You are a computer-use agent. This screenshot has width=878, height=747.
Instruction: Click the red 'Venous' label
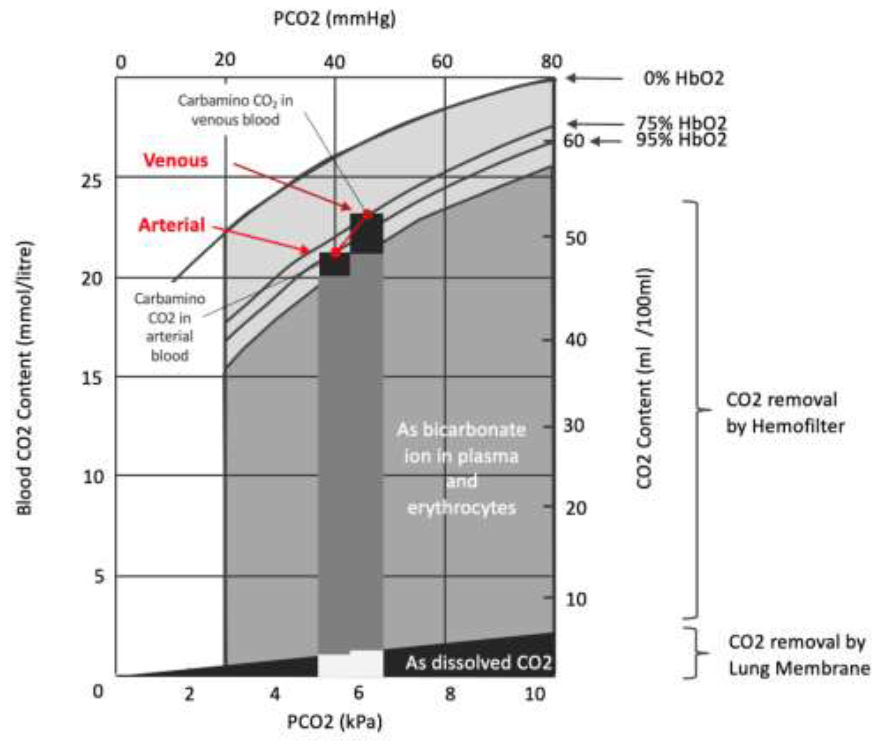pos(176,160)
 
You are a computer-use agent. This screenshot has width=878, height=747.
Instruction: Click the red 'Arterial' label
pos(172,225)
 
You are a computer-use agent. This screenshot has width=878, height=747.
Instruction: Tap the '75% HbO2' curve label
pos(681,123)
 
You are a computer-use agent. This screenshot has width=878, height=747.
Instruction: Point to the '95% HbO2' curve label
pos(681,140)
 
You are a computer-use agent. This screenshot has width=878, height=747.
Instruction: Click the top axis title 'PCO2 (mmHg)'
pos(334,19)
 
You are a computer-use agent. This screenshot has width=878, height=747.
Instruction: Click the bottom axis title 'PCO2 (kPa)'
pos(334,721)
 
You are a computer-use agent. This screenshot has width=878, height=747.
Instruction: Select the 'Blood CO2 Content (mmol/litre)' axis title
pos(24,377)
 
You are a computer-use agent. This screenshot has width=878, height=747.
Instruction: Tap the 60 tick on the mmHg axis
pos(442,62)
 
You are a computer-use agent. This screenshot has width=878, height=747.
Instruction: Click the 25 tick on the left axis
pos(92,181)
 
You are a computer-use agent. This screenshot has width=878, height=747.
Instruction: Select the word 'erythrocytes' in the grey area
pos(461,507)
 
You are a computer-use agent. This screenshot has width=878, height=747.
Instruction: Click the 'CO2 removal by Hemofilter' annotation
pos(784,412)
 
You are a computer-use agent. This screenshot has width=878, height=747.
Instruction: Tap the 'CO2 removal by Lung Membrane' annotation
pos(798,655)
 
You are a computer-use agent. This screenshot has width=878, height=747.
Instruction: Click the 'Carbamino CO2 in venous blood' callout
pos(236,110)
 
